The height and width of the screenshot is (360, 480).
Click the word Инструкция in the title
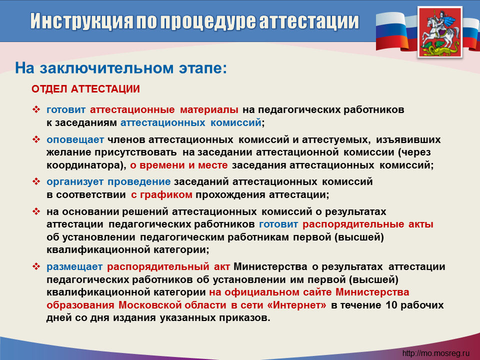[x=81, y=21]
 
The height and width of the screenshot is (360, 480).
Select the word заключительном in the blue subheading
[x=107, y=68]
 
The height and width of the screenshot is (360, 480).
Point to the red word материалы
[x=209, y=109]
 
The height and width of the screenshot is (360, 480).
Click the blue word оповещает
[x=75, y=140]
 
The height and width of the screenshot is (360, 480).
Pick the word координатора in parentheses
[x=83, y=165]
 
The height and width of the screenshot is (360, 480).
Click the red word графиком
[x=166, y=194]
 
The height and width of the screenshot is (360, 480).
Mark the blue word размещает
[x=74, y=267]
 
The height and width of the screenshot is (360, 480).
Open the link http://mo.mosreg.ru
[x=435, y=353]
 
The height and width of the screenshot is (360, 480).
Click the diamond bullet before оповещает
[x=36, y=139]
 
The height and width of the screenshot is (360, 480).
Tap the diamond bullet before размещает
[x=36, y=266]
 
